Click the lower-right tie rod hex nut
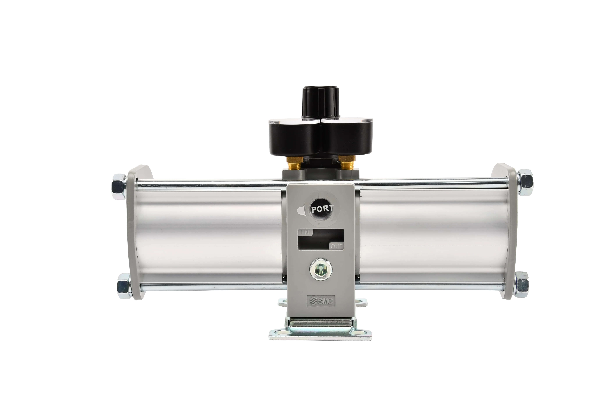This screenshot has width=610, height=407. [x=522, y=284]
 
